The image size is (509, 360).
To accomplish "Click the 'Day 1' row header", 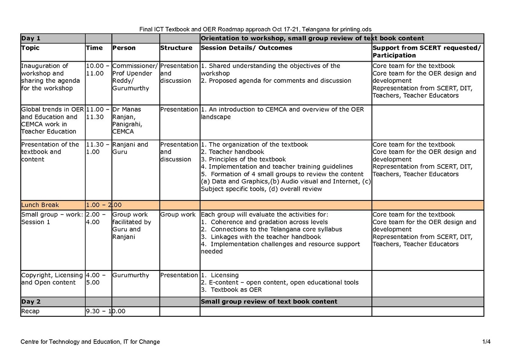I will pos(31,38).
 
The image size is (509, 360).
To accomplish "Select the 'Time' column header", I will pos(94,48).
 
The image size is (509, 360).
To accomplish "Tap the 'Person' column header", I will pos(124,48).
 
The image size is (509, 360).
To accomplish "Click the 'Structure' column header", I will pos(176,48).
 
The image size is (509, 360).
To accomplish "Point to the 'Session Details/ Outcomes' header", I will pos(246,48).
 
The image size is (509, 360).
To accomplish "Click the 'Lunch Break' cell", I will pos(41,205).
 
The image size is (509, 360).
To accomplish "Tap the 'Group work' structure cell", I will pos(178,215).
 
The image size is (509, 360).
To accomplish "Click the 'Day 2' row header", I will pos(31,302).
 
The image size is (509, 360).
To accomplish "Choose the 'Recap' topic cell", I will pos(30,312).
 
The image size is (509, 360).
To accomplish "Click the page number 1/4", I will pos(486,342).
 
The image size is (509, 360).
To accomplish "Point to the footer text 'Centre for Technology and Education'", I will pos(90,342).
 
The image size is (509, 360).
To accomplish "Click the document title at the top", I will pos(256,29).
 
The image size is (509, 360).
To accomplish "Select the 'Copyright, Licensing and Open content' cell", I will pos(48,279).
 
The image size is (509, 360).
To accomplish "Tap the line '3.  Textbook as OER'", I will pos(231,290).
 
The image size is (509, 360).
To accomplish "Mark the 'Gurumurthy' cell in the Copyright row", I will pos(131,276).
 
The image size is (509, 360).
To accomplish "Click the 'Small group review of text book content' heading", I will pos(269,302).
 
